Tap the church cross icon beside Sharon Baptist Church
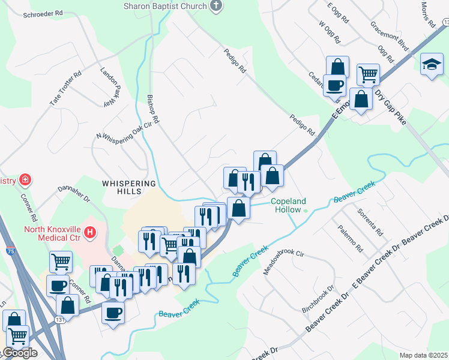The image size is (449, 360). point(216,6)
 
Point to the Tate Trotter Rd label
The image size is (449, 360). point(65,90)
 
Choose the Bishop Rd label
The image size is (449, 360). point(153,109)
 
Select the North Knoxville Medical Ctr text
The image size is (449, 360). point(53,233)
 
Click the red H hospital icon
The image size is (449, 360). point(91,232)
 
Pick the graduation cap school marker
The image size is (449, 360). point(431,65)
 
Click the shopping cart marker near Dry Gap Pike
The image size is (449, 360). point(368,74)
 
